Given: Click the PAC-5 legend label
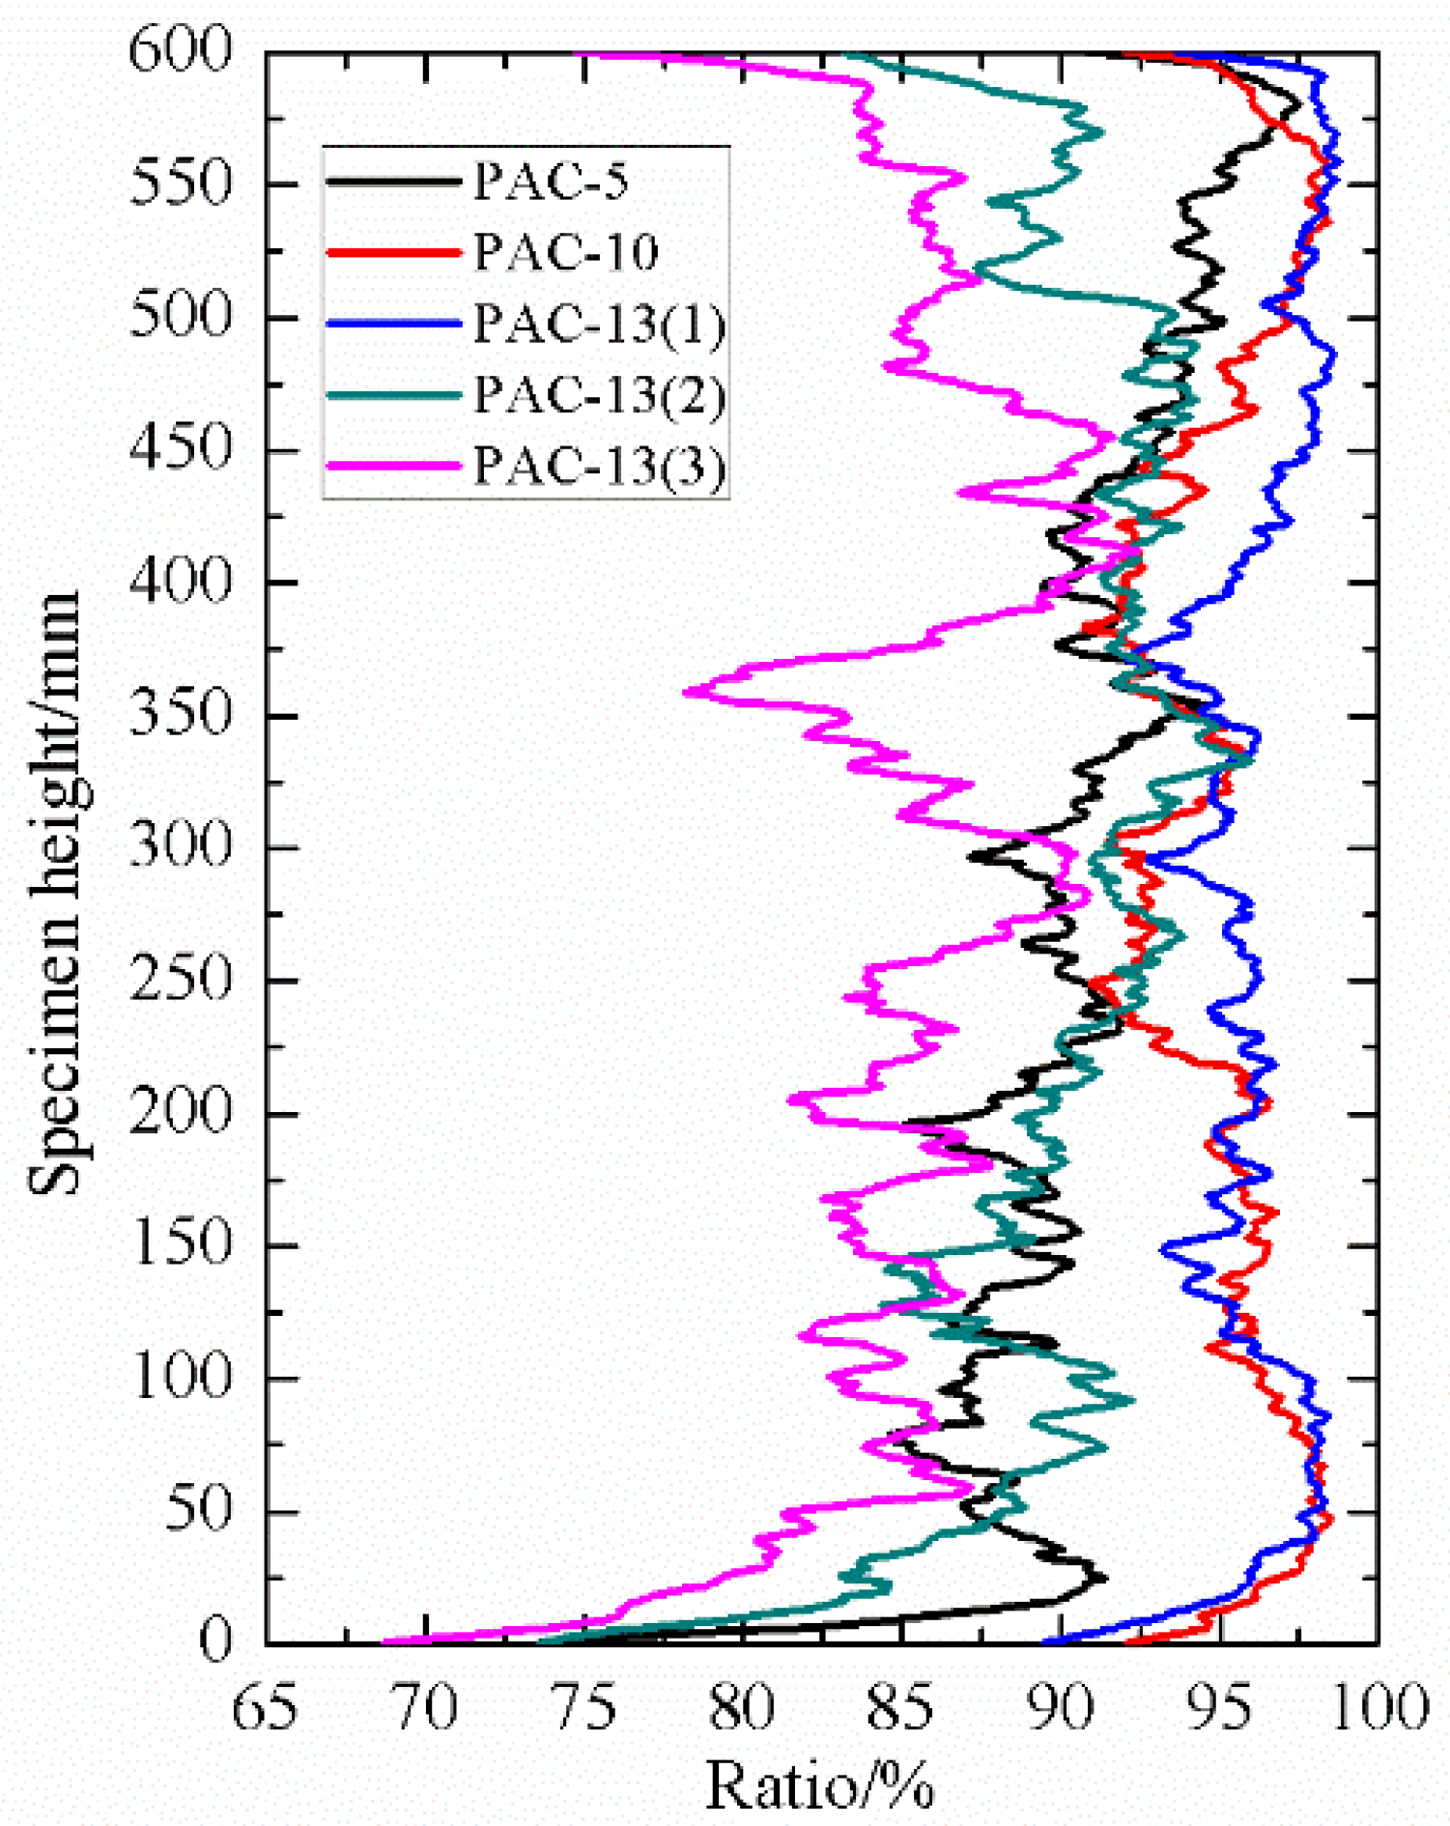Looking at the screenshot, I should pyautogui.click(x=551, y=181).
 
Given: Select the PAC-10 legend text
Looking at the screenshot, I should pyautogui.click(x=566, y=252).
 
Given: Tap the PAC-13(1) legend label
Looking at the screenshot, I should pyautogui.click(x=599, y=324).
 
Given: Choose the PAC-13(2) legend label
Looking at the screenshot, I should pyautogui.click(x=599, y=394).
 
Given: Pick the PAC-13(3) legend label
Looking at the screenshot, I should pyautogui.click(x=599, y=466).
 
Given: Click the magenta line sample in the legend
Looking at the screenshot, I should pyautogui.click(x=393, y=466).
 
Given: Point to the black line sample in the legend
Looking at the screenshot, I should pyautogui.click(x=393, y=181).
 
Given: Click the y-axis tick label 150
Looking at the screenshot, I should pyautogui.click(x=181, y=1243).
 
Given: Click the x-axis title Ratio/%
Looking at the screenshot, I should pyautogui.click(x=819, y=1783).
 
